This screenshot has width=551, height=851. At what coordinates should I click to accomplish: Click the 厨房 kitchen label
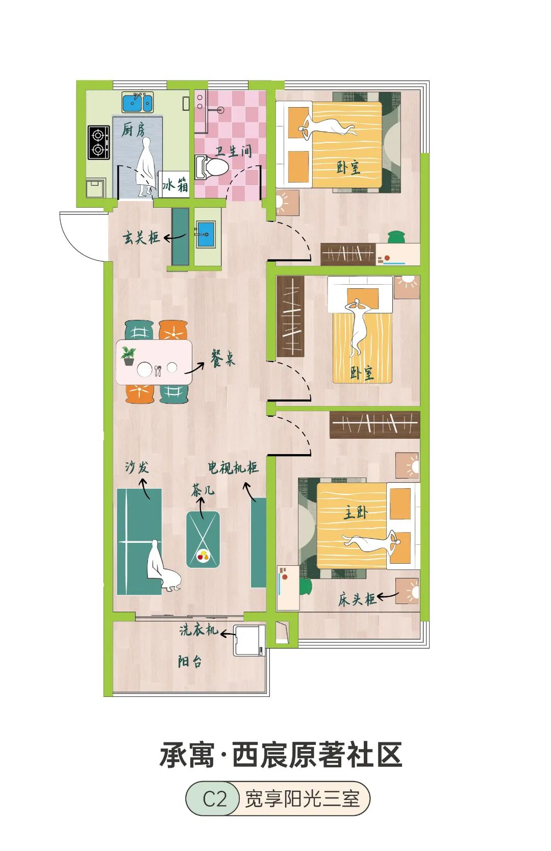(133, 130)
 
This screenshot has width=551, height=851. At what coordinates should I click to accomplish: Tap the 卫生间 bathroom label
(233, 151)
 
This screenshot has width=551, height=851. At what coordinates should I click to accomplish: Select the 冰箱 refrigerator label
(175, 185)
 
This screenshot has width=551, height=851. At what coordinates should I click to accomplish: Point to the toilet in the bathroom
(211, 166)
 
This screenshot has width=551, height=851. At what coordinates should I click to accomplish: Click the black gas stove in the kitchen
(99, 142)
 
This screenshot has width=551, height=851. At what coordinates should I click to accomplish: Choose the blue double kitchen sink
(138, 102)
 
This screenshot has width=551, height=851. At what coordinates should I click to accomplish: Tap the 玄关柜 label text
(141, 238)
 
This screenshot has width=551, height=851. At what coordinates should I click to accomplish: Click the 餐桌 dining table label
(223, 358)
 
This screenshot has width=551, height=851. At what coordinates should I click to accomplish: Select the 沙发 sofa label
(137, 467)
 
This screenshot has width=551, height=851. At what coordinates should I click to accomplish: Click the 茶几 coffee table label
(203, 491)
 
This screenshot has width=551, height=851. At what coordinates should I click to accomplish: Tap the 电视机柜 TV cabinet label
(233, 468)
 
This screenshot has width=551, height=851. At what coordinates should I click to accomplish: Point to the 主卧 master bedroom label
(356, 513)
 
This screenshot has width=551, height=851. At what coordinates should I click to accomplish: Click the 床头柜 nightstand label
(357, 599)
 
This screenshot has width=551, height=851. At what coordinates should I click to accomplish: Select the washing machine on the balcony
(249, 640)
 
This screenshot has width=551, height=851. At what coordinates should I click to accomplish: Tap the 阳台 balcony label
(190, 672)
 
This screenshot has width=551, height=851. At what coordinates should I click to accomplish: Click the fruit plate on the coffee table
(203, 556)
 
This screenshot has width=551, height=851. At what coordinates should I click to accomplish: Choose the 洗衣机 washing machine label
(199, 630)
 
